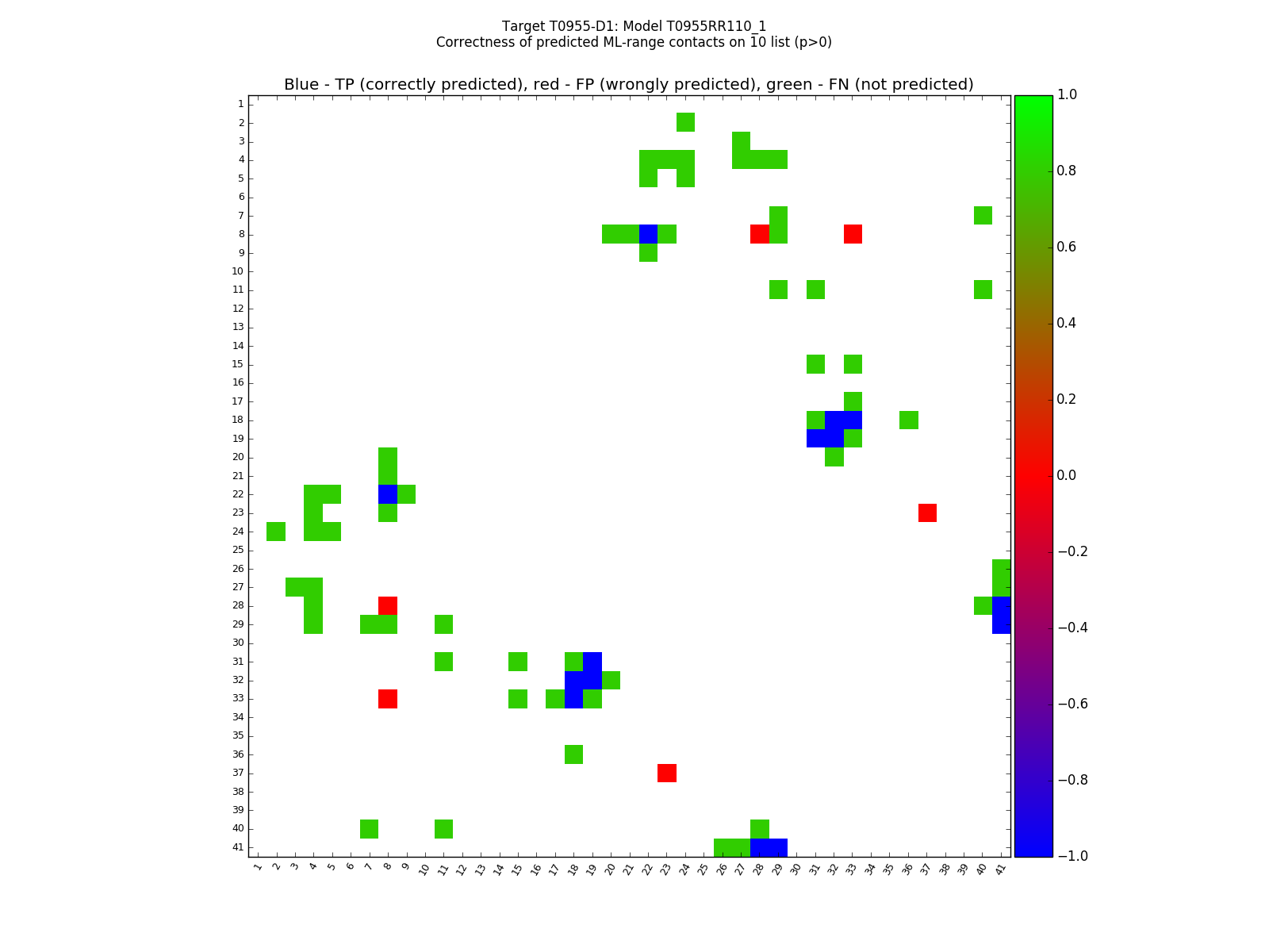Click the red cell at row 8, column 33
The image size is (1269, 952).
click(x=853, y=234)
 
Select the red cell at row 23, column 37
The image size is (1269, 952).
click(x=927, y=512)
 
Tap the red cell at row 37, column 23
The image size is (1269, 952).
click(x=667, y=773)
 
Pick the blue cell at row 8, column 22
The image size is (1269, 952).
click(x=648, y=234)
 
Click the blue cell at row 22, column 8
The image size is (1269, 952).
click(x=388, y=493)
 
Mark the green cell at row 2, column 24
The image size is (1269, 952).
click(x=685, y=122)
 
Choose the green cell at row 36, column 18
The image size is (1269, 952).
click(x=573, y=754)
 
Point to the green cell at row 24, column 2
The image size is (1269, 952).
click(x=276, y=531)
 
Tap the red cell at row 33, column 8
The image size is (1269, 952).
click(x=388, y=698)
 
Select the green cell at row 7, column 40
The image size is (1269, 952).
click(x=983, y=215)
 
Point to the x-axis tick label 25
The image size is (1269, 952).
click(x=703, y=868)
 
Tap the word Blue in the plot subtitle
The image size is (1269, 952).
click(x=301, y=85)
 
